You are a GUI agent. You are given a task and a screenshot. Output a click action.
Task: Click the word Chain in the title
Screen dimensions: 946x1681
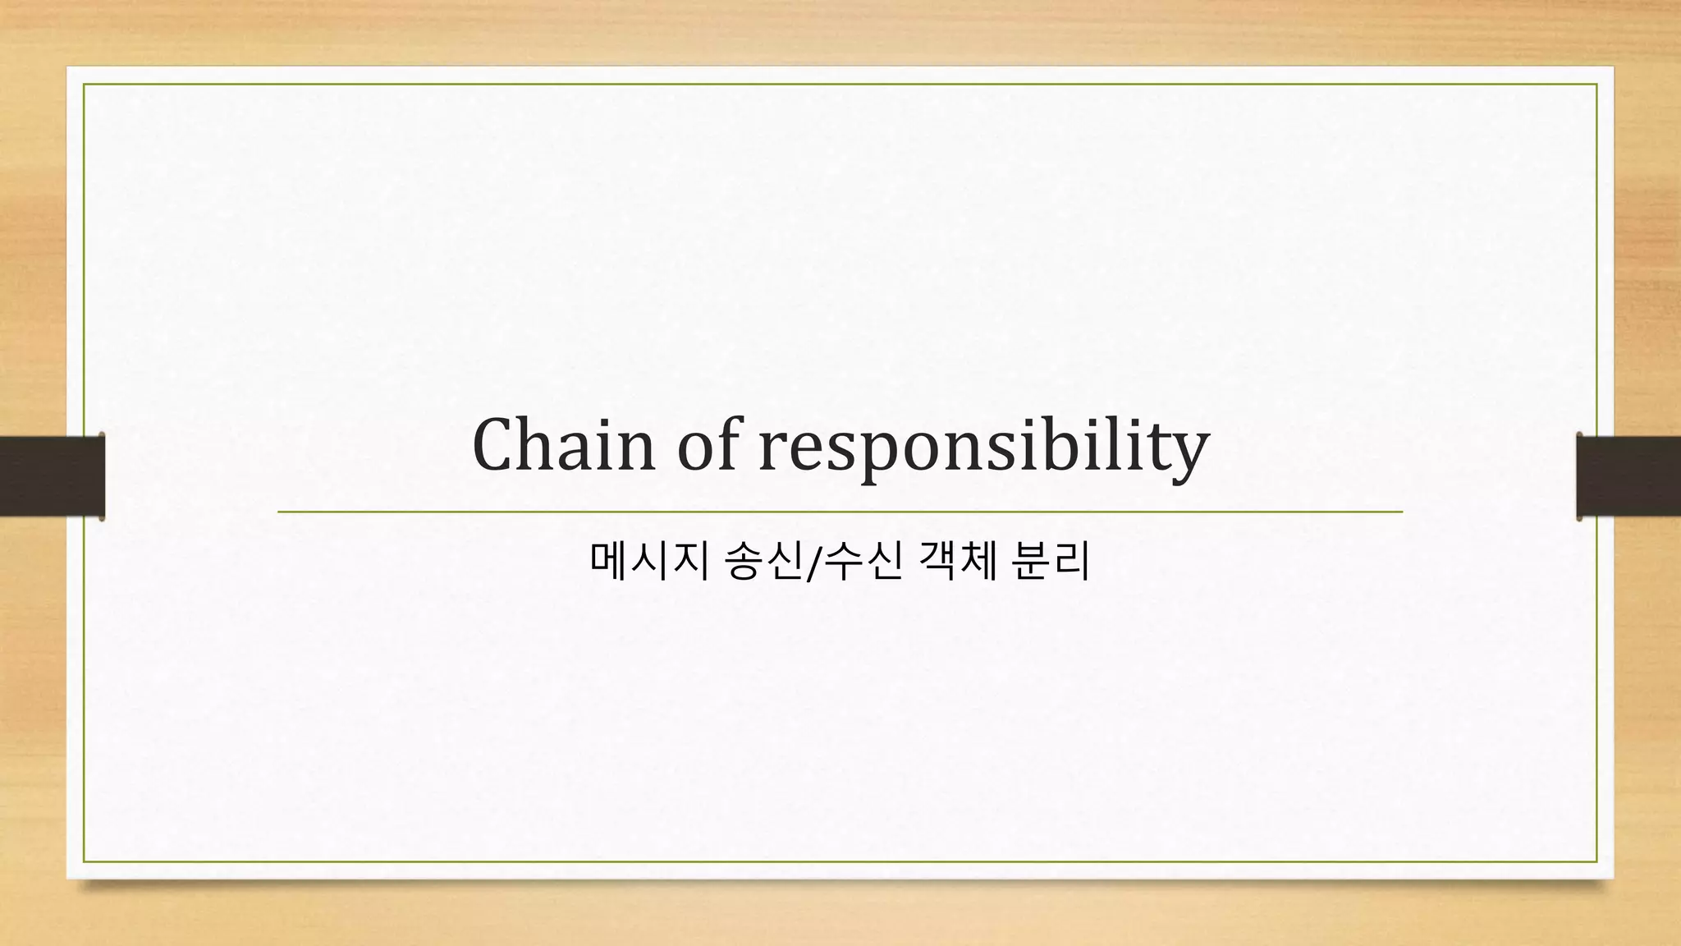(564, 445)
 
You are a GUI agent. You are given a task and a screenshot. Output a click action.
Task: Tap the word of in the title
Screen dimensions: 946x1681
(707, 445)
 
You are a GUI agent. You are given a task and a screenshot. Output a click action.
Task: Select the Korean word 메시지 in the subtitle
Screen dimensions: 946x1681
(648, 562)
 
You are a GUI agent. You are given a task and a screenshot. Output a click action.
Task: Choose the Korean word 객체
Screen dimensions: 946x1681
(957, 562)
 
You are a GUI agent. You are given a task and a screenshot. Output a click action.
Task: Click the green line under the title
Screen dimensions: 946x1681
(840, 512)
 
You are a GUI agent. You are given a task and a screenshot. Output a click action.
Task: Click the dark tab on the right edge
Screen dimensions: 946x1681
(1628, 475)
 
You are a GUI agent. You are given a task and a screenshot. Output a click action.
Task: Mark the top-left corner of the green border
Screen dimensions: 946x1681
(84, 85)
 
